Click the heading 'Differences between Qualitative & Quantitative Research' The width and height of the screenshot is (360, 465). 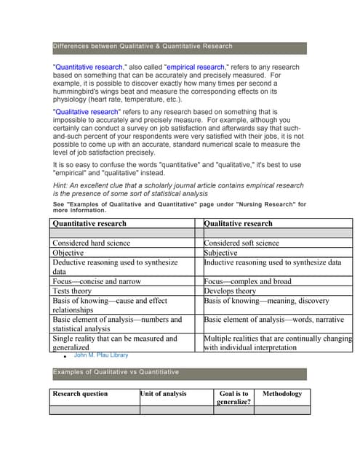[143, 46]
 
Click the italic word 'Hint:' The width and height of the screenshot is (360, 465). [63, 186]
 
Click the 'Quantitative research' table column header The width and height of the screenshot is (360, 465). [89, 223]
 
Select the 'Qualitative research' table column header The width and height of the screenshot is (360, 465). [239, 223]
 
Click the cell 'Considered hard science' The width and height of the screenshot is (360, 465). [92, 243]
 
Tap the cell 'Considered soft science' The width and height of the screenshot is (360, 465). [241, 243]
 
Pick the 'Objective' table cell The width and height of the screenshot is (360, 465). [68, 253]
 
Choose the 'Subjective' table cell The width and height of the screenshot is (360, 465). [221, 253]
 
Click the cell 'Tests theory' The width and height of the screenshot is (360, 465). [71, 291]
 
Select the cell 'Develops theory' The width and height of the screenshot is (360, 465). [230, 291]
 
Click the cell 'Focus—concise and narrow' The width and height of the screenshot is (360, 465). [97, 281]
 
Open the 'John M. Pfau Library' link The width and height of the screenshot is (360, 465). [101, 355]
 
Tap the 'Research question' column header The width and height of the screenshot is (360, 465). [80, 394]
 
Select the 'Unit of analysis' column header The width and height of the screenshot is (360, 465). [164, 394]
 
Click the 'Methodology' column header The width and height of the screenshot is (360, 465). [281, 394]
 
